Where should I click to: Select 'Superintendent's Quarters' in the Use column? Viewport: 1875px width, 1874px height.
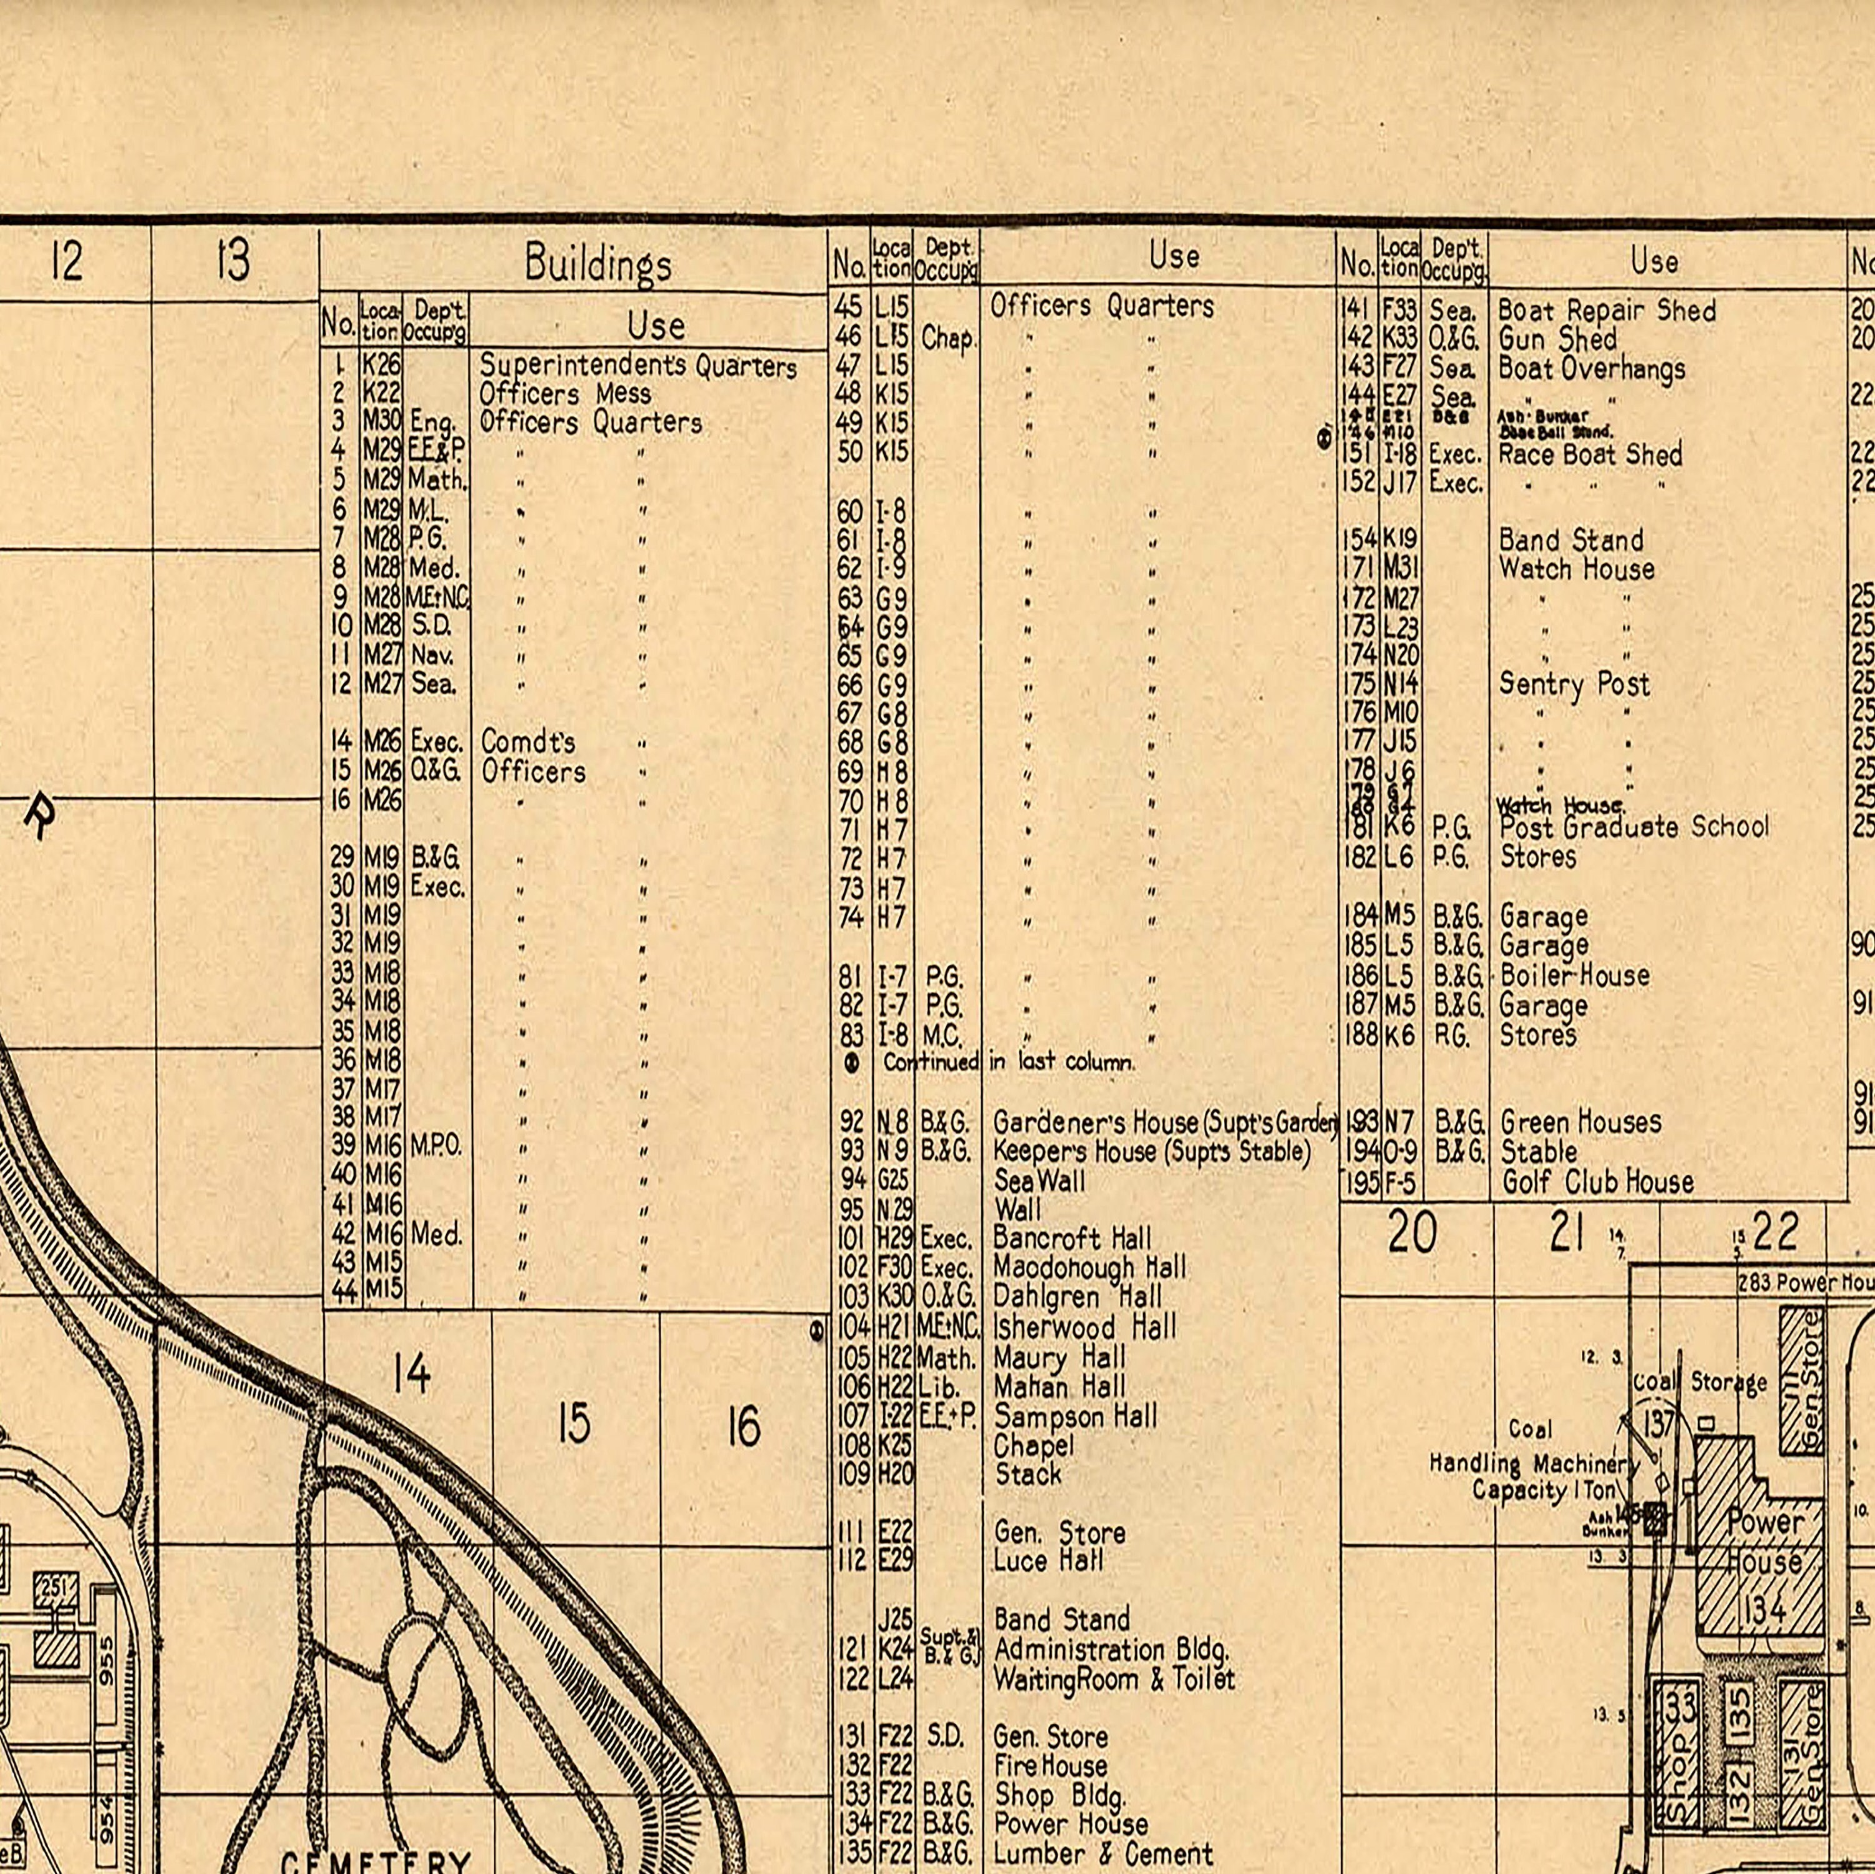tap(637, 366)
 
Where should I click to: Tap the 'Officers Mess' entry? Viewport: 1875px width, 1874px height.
tap(565, 394)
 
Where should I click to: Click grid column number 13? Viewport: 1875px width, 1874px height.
tap(233, 260)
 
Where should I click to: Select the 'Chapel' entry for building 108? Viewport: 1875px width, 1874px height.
tap(1034, 1445)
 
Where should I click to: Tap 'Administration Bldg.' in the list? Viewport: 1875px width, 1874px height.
tap(1111, 1650)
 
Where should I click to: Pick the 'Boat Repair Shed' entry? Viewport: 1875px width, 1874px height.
tap(1606, 311)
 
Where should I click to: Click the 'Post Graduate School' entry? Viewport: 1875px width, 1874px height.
tap(1633, 827)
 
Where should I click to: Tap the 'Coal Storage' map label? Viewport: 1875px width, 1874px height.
tap(1699, 1382)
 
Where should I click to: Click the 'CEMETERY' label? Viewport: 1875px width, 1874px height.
tap(376, 1862)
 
